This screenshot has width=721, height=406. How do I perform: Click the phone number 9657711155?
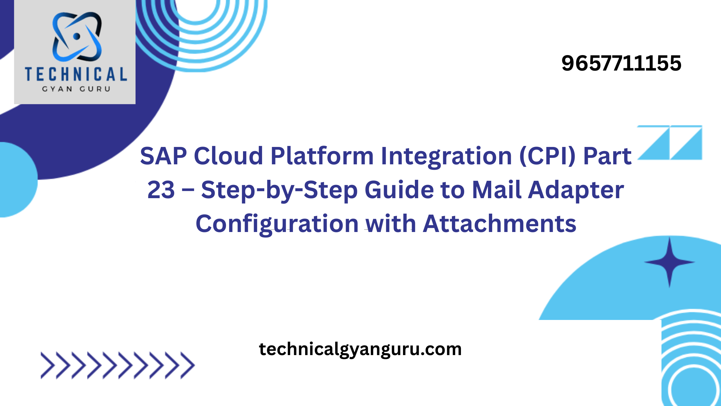click(621, 63)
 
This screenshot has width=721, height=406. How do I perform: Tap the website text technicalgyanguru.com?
click(360, 350)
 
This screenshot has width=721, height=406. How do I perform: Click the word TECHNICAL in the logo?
click(76, 74)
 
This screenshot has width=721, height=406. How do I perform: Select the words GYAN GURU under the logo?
click(76, 89)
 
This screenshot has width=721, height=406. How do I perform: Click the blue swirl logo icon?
click(77, 37)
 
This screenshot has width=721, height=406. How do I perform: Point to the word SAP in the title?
click(164, 156)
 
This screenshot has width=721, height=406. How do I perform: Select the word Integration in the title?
click(446, 157)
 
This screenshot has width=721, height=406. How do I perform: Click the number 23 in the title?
click(161, 190)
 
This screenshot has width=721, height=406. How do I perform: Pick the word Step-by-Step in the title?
click(279, 191)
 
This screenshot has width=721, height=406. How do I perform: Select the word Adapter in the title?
click(576, 191)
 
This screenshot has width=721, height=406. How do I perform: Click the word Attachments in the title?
click(500, 224)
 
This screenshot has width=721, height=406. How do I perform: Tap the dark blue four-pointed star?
click(669, 262)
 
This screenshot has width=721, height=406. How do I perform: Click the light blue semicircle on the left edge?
click(18, 180)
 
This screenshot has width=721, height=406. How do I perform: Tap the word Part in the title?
click(607, 156)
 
